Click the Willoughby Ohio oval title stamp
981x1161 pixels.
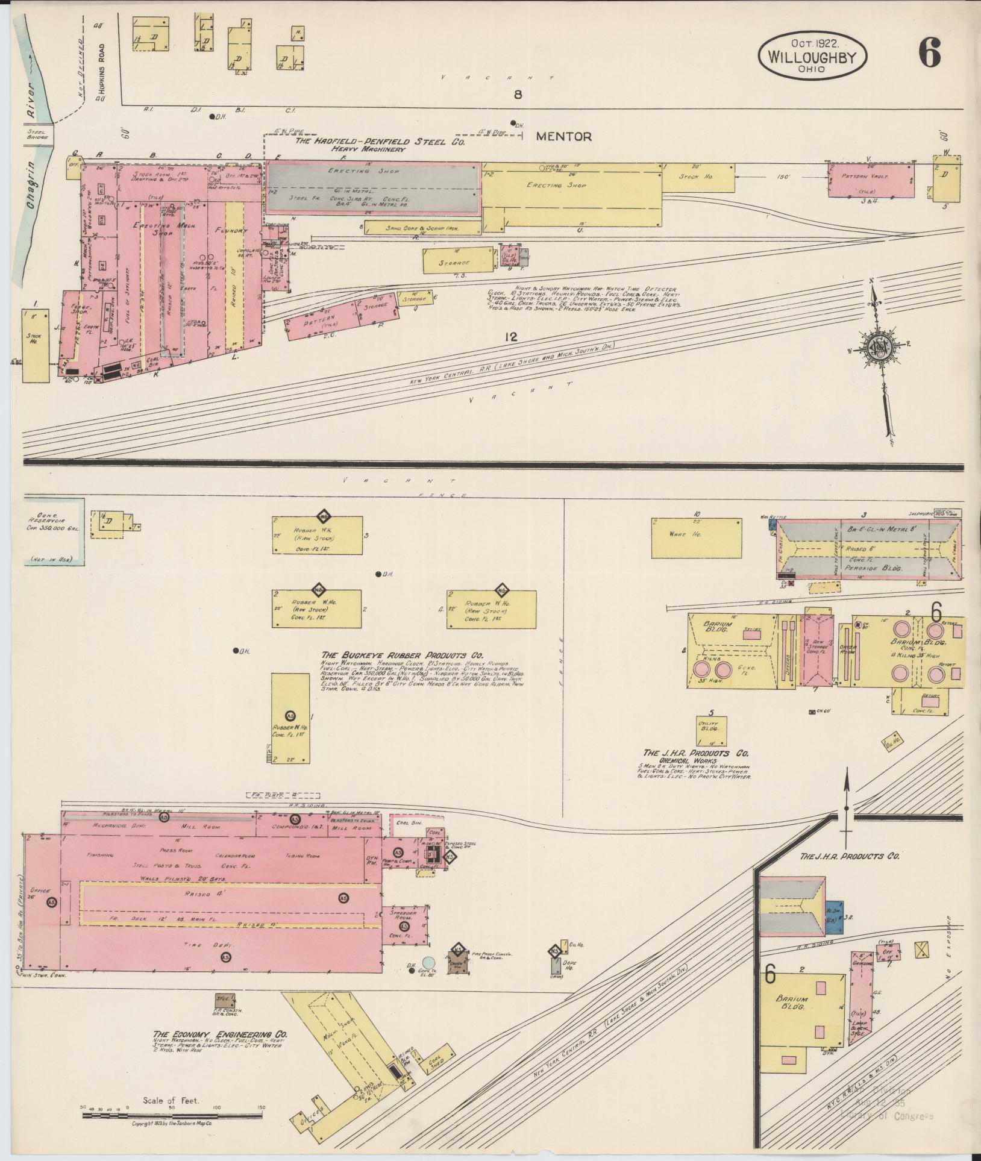(x=812, y=56)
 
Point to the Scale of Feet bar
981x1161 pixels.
(x=172, y=1115)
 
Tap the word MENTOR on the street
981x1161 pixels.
(x=563, y=137)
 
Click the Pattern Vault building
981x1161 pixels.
(x=870, y=180)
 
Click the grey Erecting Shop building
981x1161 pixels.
(x=374, y=188)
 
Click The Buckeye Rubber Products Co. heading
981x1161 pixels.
(x=403, y=656)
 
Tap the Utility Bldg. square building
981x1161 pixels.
(x=710, y=731)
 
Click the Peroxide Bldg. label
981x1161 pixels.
(x=865, y=568)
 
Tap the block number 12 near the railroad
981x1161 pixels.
(x=512, y=337)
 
